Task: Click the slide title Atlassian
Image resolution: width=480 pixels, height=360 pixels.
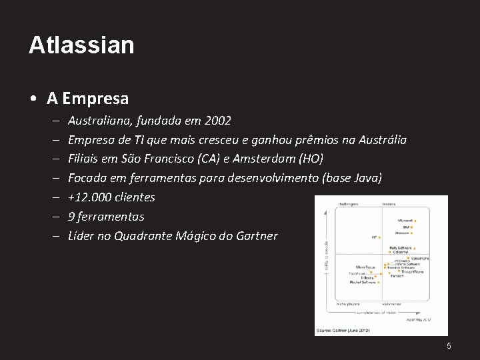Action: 81,45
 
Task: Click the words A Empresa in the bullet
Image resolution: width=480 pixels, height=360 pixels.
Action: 87,99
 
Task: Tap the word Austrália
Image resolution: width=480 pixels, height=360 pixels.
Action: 382,140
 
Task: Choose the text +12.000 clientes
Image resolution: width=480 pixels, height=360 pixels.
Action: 111,197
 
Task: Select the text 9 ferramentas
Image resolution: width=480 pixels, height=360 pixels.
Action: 106,217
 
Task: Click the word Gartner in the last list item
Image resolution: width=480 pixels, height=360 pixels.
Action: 256,236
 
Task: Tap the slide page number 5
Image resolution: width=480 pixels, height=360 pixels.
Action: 449,345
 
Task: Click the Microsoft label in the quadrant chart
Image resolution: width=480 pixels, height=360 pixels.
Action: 405,220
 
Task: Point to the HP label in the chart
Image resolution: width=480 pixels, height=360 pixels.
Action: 373,237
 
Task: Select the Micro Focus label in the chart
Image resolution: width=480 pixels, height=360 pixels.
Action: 365,267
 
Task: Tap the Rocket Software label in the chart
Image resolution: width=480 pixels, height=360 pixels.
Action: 363,282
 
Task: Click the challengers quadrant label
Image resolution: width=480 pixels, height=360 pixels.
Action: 348,204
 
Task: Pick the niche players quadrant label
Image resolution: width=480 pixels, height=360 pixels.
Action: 348,304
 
